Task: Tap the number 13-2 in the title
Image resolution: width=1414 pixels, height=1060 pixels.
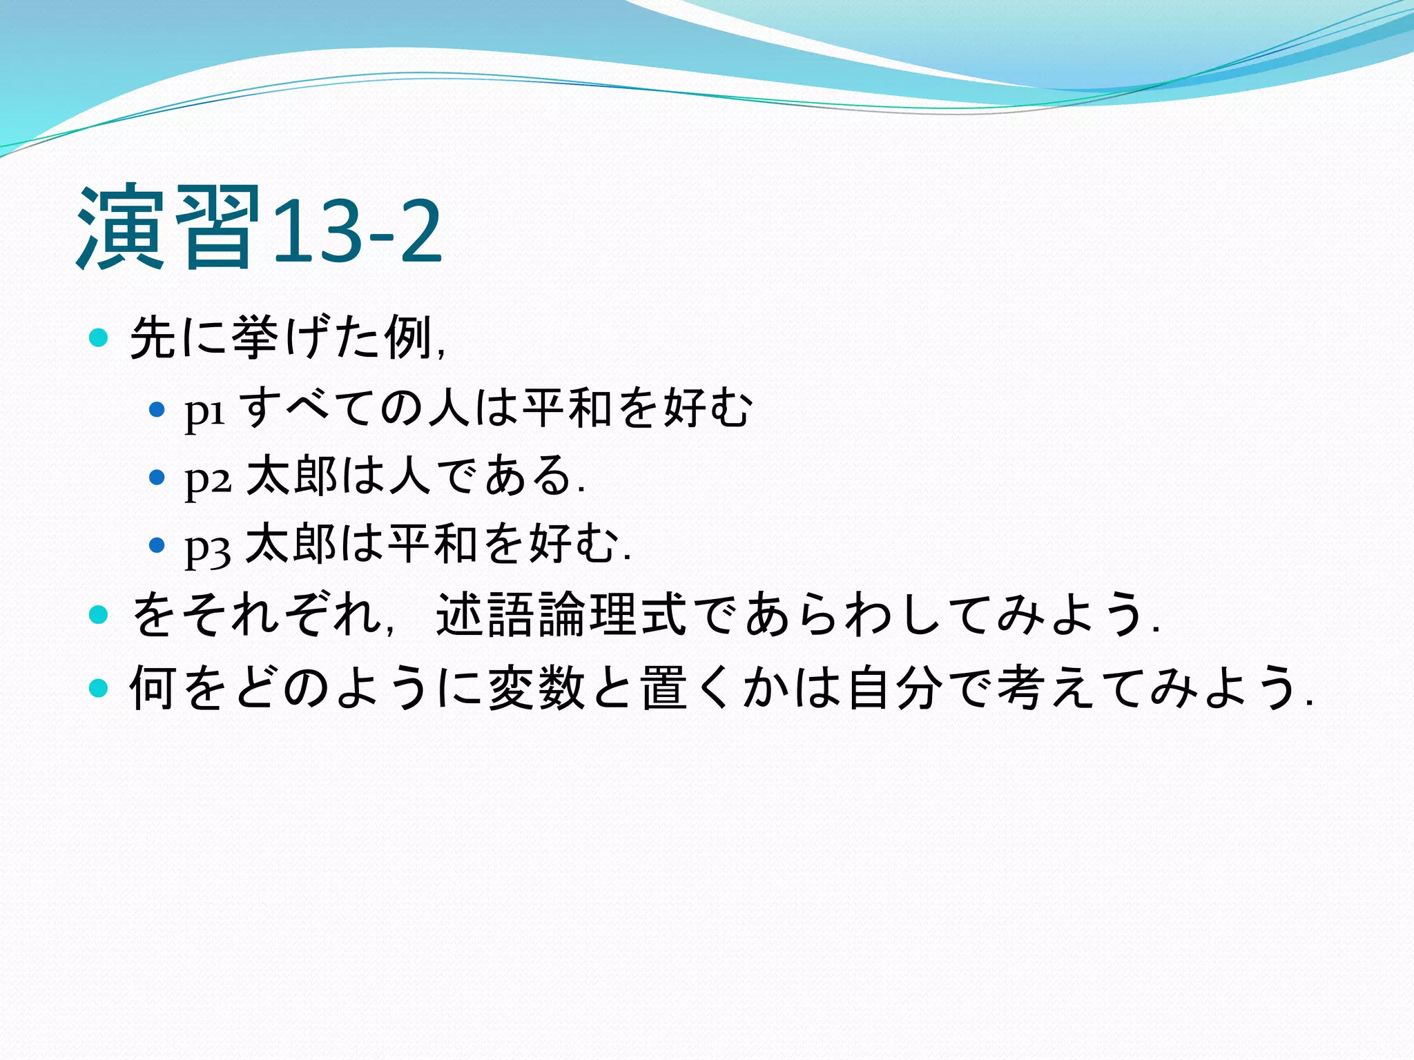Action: pyautogui.click(x=356, y=231)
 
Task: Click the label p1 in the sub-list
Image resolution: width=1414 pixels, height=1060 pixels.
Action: pyautogui.click(x=205, y=410)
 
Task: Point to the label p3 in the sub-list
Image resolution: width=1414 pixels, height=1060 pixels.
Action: pyautogui.click(x=207, y=545)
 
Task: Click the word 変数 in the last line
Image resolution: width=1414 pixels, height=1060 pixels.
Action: pyautogui.click(x=537, y=688)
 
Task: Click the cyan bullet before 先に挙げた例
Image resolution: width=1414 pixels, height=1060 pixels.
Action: pyautogui.click(x=99, y=338)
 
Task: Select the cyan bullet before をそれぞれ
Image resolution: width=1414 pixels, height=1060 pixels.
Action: pyautogui.click(x=99, y=614)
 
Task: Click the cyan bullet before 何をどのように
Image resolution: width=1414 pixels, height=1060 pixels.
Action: pyautogui.click(x=99, y=688)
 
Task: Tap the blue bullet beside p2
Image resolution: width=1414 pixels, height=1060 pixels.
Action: pyautogui.click(x=157, y=477)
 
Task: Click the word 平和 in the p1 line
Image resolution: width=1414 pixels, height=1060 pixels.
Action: pyautogui.click(x=567, y=407)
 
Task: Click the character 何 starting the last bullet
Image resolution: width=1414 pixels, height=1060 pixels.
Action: pyautogui.click(x=152, y=688)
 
